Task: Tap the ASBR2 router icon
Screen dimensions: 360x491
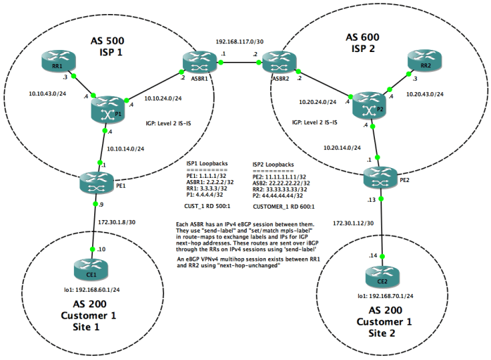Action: point(275,64)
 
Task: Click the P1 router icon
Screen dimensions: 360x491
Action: point(106,109)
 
